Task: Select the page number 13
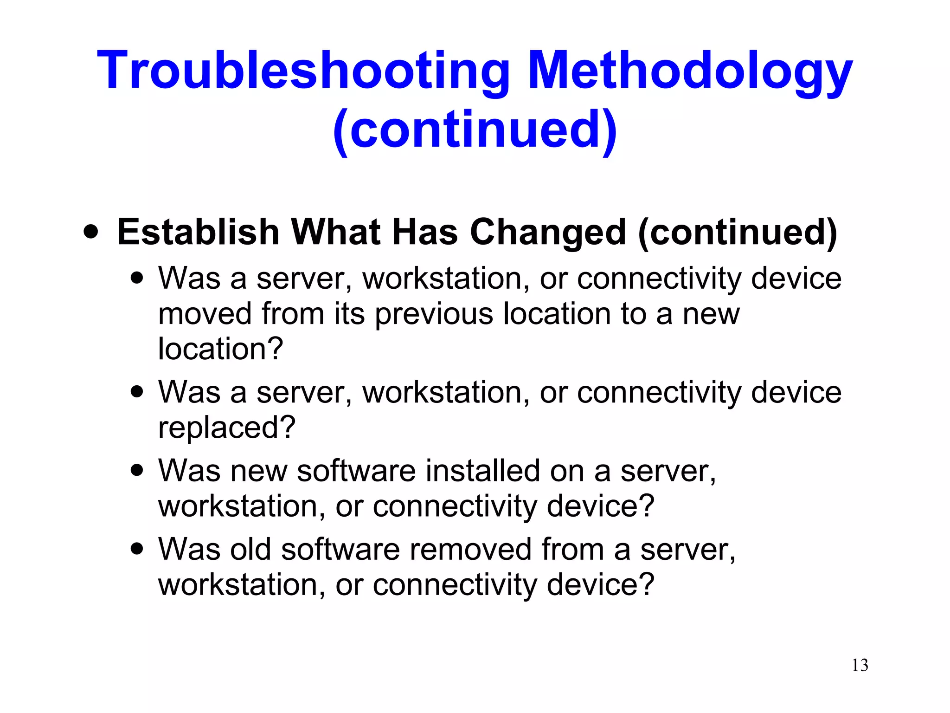click(860, 665)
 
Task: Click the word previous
click(434, 315)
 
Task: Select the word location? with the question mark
click(220, 349)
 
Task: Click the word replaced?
click(226, 428)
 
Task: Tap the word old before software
click(250, 550)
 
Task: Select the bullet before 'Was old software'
click(137, 549)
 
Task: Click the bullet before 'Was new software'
click(137, 470)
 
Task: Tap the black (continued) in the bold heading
click(738, 232)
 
